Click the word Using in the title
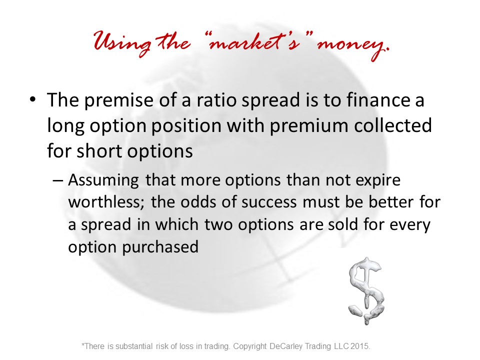tap(122, 43)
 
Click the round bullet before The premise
tap(33, 99)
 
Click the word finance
tap(378, 100)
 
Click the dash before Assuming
tap(58, 180)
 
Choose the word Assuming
tap(103, 180)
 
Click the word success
tap(269, 202)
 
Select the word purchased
tap(160, 246)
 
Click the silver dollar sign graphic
tap(366, 290)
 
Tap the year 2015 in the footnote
tap(360, 346)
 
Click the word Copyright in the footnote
tap(250, 346)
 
